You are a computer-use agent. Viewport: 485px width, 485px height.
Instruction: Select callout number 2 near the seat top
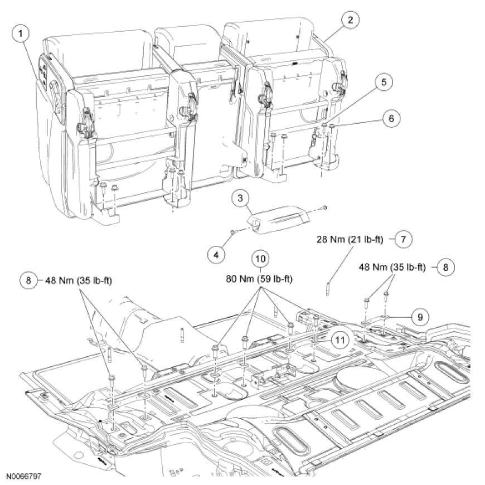click(x=350, y=21)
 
